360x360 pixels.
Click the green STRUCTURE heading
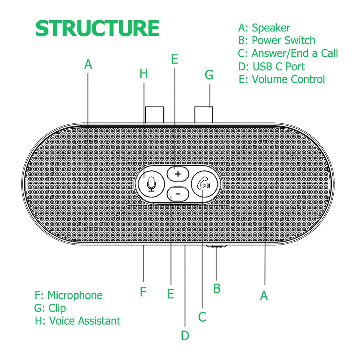coord(97,28)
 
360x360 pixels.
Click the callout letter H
coord(144,74)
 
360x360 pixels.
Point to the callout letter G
coord(209,75)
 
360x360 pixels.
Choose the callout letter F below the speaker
coord(143,292)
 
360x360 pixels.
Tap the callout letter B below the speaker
coord(217,289)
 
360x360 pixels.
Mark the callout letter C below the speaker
coord(202,317)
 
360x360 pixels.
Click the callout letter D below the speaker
coord(185,335)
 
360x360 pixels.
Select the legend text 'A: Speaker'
coord(264,28)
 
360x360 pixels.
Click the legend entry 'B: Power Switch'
coord(277,40)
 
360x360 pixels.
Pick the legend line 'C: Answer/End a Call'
coord(288,53)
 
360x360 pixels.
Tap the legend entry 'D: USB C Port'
coord(271,66)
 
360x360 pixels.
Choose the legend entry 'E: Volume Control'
coord(282,79)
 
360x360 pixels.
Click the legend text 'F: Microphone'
coord(68,295)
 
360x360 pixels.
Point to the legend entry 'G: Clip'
coord(50,308)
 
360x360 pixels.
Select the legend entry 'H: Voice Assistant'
coord(77,321)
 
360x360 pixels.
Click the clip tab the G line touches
coord(204,114)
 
